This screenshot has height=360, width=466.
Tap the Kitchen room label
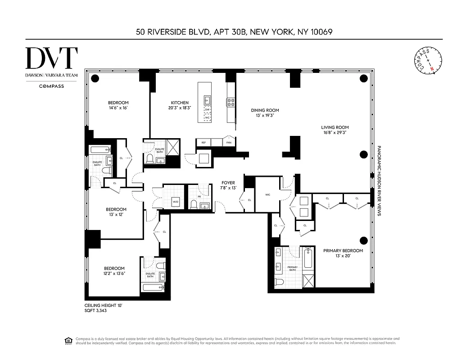[180, 103]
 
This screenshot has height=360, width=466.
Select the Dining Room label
[265, 110]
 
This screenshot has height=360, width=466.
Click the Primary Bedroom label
[343, 251]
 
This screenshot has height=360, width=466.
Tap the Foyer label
[228, 183]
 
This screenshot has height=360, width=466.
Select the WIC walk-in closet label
[267, 195]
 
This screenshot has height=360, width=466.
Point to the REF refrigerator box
[204, 143]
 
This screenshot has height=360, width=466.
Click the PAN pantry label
[229, 143]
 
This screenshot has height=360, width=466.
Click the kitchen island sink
[208, 99]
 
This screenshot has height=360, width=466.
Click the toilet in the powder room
[194, 205]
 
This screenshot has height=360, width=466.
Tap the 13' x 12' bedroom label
[116, 212]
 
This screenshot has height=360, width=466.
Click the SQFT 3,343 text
[96, 310]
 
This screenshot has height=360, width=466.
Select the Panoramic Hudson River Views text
[379, 180]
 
